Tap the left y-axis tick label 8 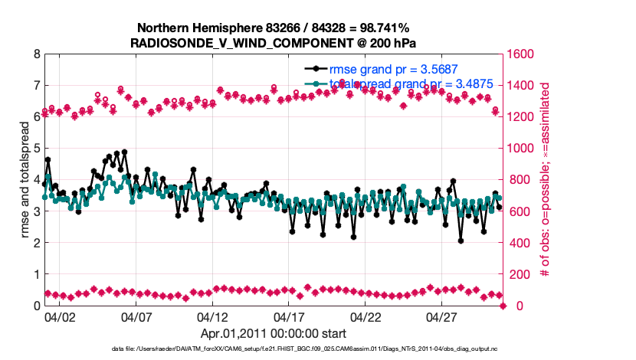coord(36,54)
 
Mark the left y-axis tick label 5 coord(36,149)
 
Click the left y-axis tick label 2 coord(36,243)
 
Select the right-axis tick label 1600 coord(525,54)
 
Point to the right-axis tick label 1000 coord(525,149)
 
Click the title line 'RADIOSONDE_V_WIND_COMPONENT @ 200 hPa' coord(274,42)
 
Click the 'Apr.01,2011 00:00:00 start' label coord(274,334)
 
